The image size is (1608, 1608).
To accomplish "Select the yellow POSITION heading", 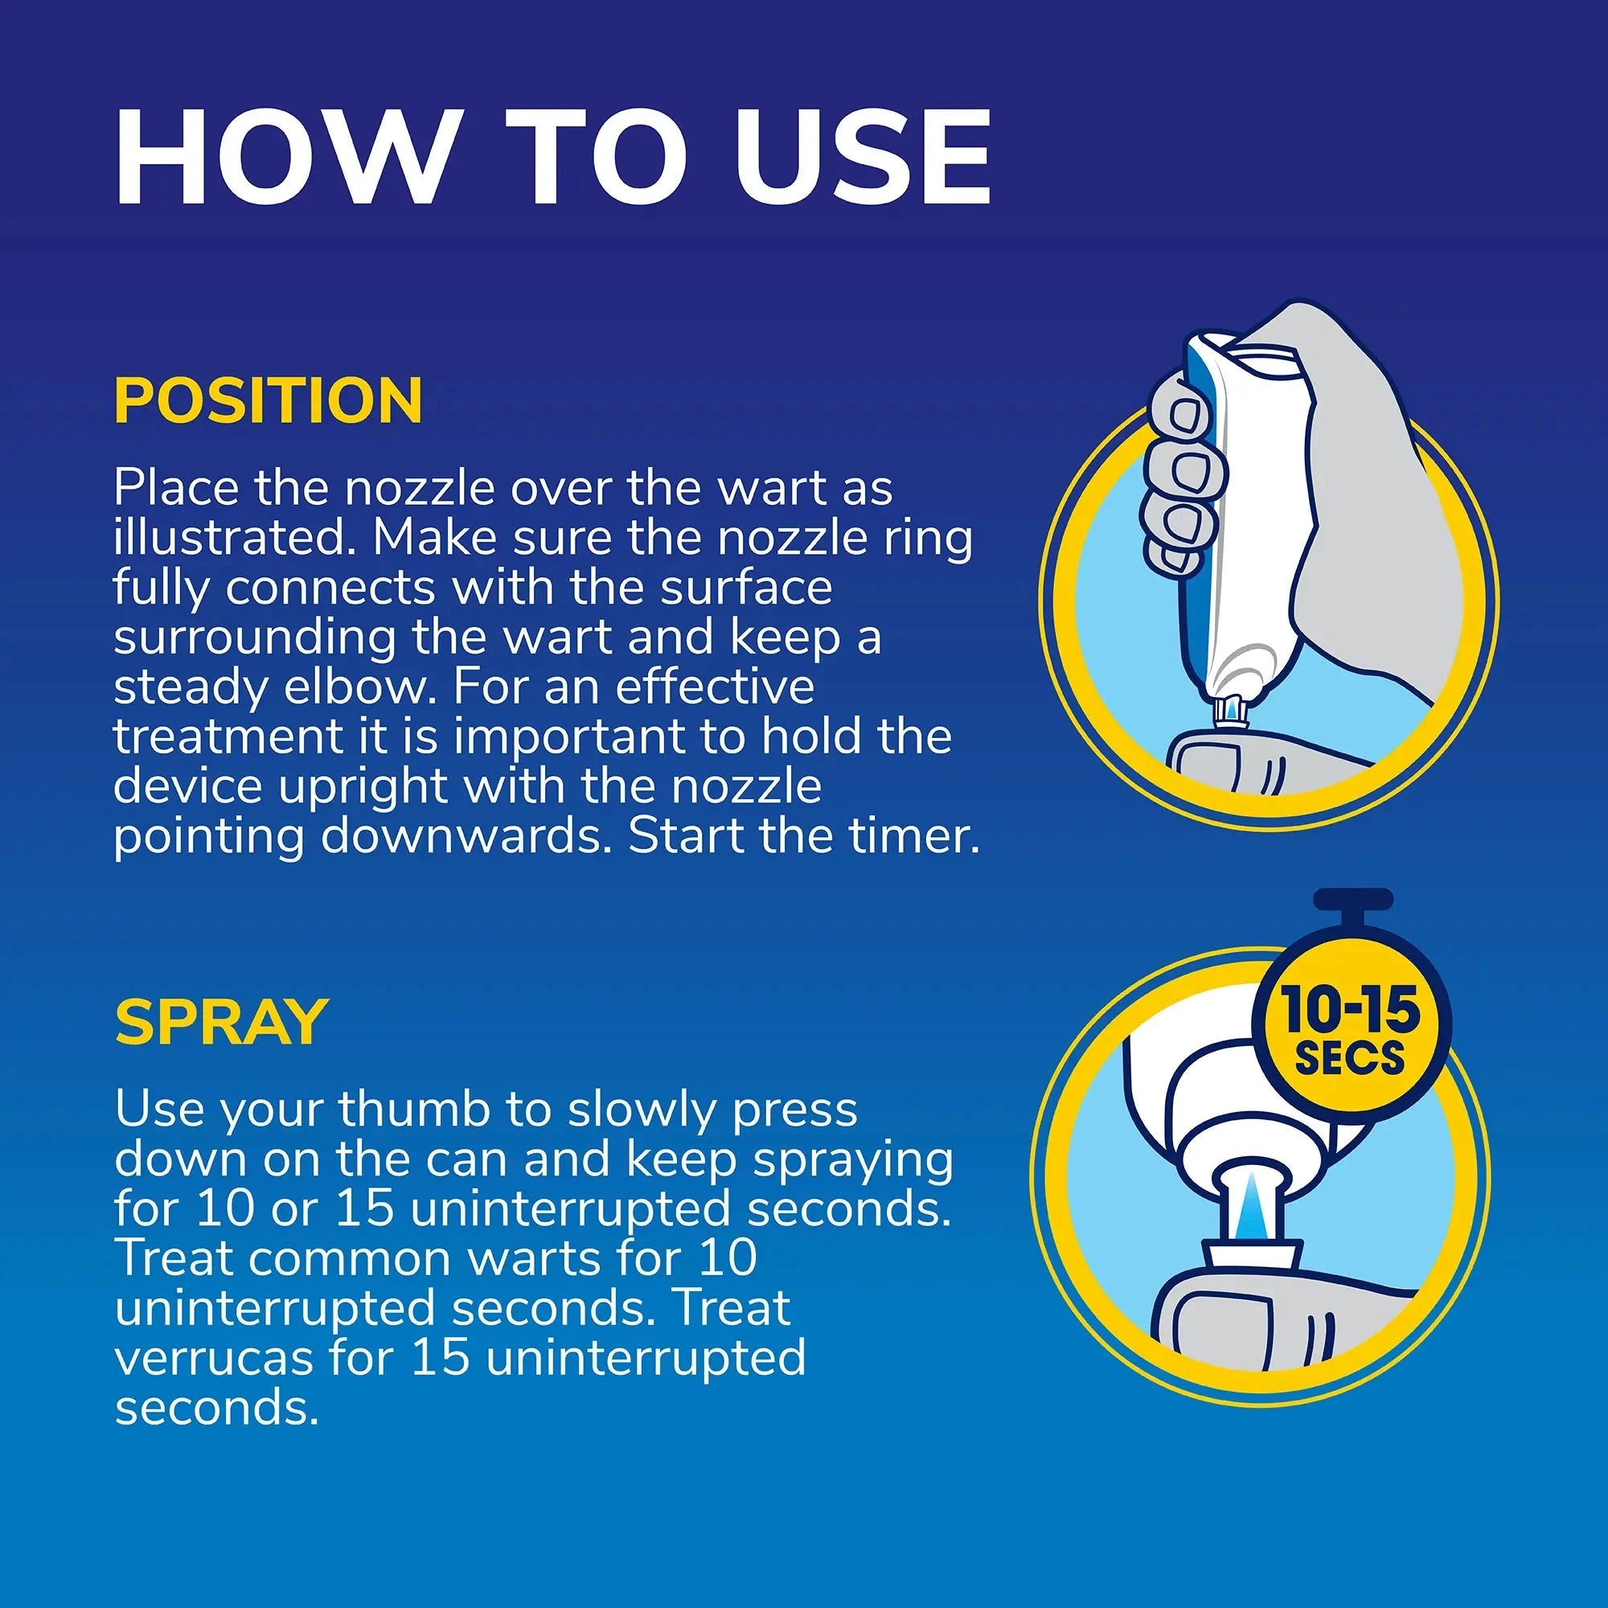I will pyautogui.click(x=268, y=401).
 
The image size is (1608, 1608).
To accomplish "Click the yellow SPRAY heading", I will pyautogui.click(x=221, y=1021).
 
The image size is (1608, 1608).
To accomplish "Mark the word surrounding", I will pyautogui.click(x=254, y=638).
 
